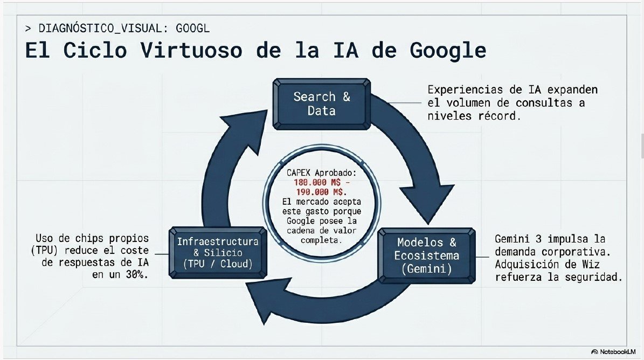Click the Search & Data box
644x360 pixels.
tap(322, 104)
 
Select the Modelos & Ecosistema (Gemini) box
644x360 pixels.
tap(427, 256)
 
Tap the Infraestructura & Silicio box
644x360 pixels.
tap(218, 252)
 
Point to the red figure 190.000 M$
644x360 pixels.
tap(321, 192)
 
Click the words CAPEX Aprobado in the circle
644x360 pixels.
tap(321, 173)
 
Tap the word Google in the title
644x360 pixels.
tap(448, 51)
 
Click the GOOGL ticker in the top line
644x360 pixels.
tap(192, 29)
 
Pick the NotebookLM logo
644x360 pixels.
tap(613, 352)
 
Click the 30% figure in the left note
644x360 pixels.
tap(137, 275)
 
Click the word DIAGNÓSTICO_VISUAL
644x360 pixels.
tap(100, 29)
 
